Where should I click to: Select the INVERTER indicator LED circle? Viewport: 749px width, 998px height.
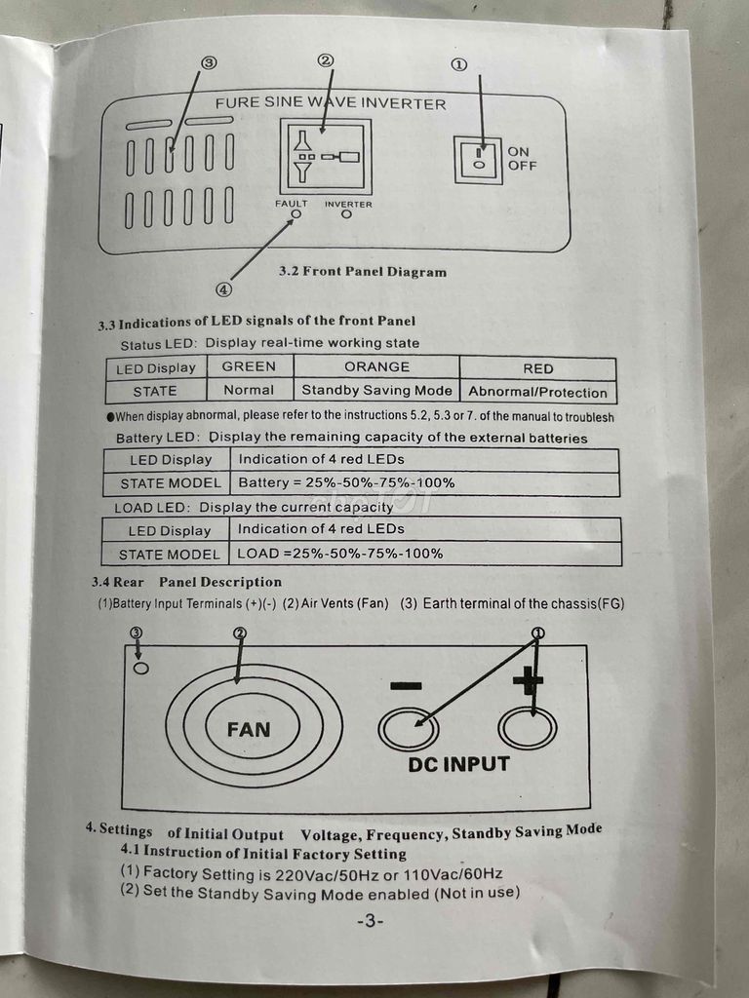pos(346,214)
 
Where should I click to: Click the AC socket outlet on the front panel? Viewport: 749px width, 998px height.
pos(326,157)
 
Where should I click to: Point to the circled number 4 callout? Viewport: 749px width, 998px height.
pos(223,289)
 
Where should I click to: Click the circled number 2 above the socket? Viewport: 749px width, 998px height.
pos(326,60)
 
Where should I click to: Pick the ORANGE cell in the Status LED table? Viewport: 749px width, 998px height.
pos(376,367)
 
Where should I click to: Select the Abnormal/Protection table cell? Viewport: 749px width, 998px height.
pos(537,392)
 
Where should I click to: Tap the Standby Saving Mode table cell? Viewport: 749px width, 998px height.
pos(376,391)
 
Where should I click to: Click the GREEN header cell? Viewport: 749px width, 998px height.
pos(250,367)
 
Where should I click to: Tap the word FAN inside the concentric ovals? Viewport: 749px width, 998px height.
pos(249,729)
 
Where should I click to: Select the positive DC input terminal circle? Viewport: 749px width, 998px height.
pos(528,728)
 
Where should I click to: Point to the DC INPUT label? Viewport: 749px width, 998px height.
pos(458,764)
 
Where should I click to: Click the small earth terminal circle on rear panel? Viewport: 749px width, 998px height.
pos(141,669)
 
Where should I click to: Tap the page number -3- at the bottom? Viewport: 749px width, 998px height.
pos(370,921)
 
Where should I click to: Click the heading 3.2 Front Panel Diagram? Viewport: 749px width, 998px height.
pos(362,272)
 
